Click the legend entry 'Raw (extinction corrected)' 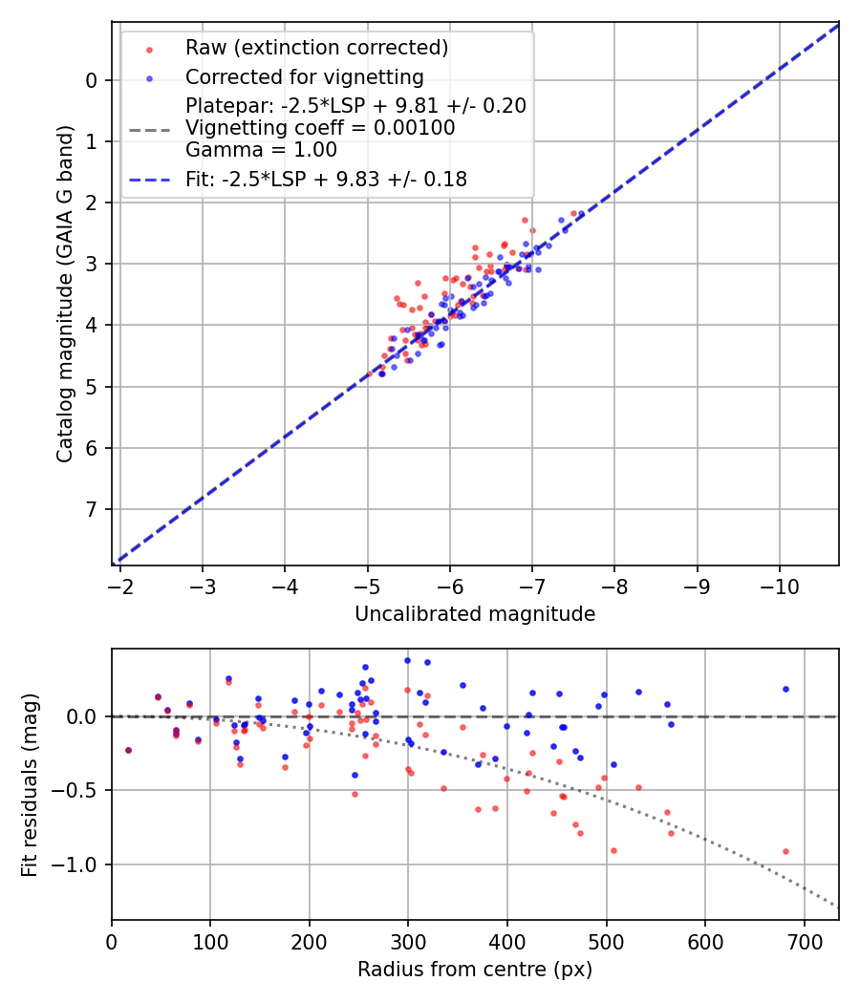(x=316, y=48)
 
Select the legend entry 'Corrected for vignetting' (x=304, y=76)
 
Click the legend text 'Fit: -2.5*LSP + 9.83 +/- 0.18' (x=326, y=179)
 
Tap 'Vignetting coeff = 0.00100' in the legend (x=320, y=128)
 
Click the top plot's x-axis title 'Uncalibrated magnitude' (x=475, y=614)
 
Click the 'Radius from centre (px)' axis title (x=475, y=970)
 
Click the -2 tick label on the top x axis (x=120, y=585)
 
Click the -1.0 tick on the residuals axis (x=80, y=864)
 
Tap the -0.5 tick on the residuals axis (x=80, y=790)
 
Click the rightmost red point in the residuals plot (x=785, y=851)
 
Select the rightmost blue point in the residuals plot (x=785, y=689)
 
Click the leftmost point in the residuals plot (x=128, y=750)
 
